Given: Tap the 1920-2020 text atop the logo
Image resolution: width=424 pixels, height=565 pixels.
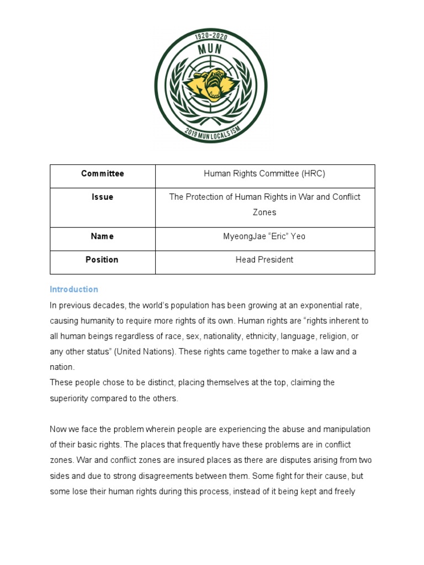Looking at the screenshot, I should point(210,36).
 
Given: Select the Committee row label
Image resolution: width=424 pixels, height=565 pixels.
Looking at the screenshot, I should point(103,174).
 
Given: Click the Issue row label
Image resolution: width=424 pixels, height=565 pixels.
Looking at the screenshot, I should point(103,197).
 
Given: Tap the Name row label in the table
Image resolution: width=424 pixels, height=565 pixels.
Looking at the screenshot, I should point(103,236).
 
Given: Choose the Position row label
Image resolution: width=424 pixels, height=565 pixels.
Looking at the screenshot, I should point(103,259).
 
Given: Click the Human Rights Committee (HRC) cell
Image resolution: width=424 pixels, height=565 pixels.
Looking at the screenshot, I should point(264,174).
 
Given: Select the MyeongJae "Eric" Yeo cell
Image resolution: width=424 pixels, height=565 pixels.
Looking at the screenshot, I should point(264,236).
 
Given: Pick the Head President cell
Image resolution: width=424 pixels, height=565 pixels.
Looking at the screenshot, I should point(264,259).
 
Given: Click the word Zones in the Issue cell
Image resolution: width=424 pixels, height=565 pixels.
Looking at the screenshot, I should point(264,212).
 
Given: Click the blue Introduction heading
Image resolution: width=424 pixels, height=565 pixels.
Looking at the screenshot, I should point(74,289).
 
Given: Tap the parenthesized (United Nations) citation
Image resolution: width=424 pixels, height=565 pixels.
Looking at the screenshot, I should point(145,351).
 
